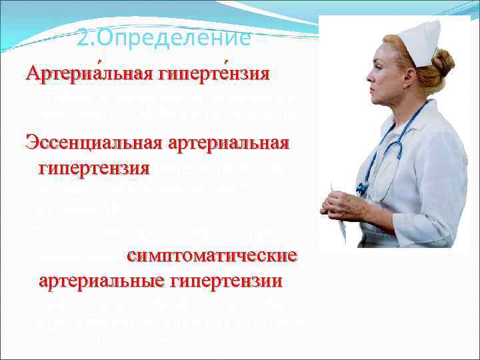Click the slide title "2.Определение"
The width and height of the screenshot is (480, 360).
click(164, 39)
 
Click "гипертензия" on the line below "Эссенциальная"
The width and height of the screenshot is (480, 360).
click(94, 166)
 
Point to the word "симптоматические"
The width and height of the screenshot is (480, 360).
click(211, 257)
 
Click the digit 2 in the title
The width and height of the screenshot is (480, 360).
click(82, 39)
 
